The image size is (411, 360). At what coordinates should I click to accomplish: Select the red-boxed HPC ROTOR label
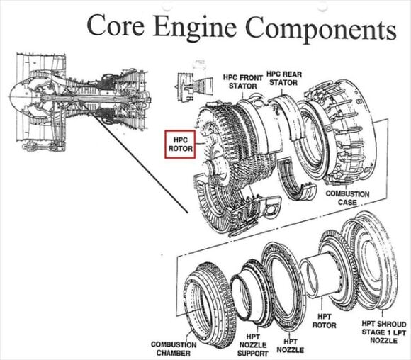179,145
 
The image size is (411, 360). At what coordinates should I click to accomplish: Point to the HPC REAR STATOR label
284,79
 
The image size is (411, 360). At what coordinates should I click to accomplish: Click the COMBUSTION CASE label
347,198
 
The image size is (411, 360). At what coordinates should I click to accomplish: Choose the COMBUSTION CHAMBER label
174,349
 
